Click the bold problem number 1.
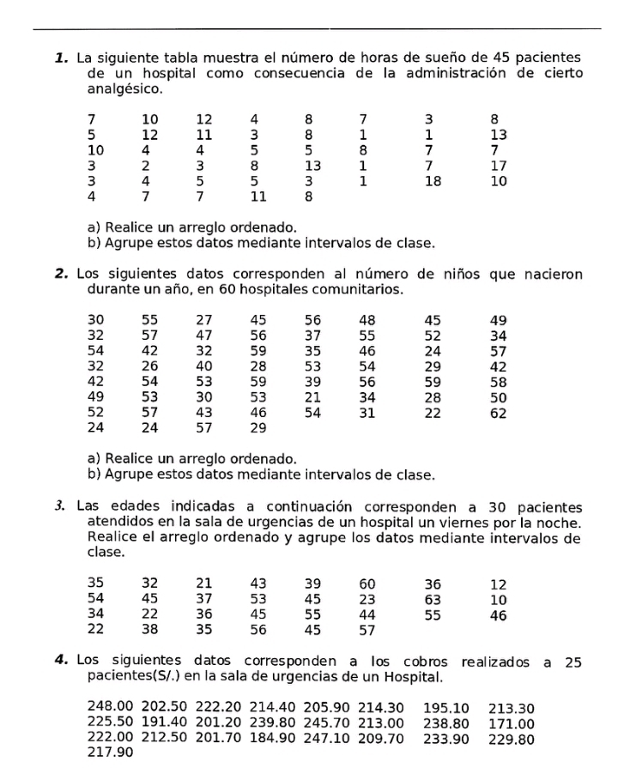click(61, 58)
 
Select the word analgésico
click(125, 88)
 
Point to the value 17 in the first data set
click(499, 166)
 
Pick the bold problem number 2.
click(61, 275)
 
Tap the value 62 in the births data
click(498, 413)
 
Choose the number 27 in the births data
click(203, 320)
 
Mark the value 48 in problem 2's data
click(367, 320)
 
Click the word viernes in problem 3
click(488, 523)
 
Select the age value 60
click(367, 584)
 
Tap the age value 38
click(150, 629)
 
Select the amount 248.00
click(109, 707)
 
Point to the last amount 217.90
click(109, 753)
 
